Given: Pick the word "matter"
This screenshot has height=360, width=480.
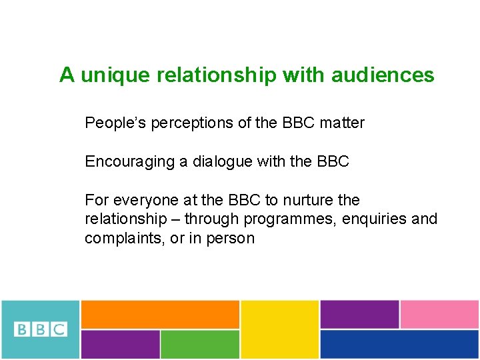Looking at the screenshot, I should pyautogui.click(x=342, y=123).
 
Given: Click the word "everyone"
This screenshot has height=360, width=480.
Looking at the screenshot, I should pyautogui.click(x=141, y=201).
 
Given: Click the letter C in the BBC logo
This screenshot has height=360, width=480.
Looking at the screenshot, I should pyautogui.click(x=59, y=329).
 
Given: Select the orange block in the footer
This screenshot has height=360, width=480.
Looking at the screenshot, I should pyautogui.click(x=160, y=314).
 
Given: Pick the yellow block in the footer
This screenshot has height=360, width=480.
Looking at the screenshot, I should pyautogui.click(x=279, y=329).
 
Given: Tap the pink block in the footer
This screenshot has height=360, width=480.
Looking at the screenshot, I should pyautogui.click(x=439, y=314).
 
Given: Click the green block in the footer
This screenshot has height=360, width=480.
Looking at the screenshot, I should pyautogui.click(x=200, y=344).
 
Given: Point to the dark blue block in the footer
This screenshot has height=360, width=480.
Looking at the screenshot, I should pyautogui.click(x=399, y=344).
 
